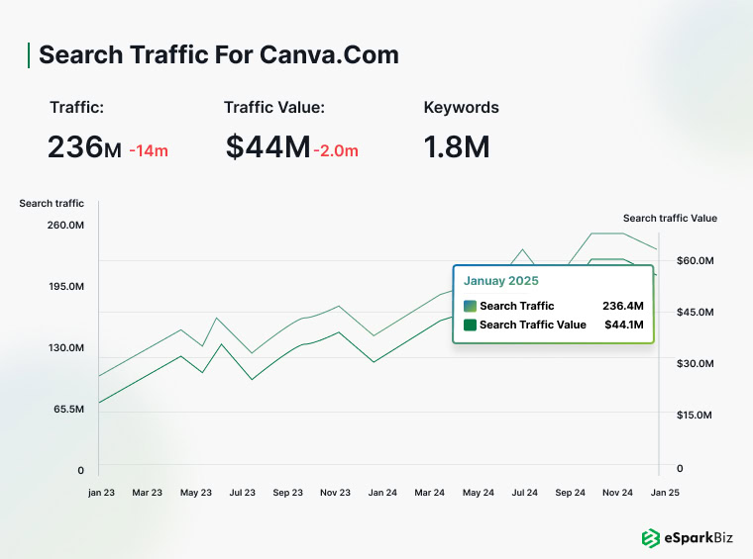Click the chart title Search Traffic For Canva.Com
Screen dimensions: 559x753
[218, 54]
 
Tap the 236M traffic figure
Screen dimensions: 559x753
[84, 148]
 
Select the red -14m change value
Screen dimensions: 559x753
[149, 151]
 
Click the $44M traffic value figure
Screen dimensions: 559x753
[268, 148]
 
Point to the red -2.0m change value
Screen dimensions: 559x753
[336, 151]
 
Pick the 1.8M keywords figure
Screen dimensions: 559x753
[457, 148]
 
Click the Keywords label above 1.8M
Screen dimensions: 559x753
[461, 108]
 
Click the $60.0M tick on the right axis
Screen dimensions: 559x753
[695, 260]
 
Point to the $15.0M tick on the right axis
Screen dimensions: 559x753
[695, 416]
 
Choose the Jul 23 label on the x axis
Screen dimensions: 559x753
[242, 492]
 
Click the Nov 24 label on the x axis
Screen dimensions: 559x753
[618, 492]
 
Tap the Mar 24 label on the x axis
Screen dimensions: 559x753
[430, 492]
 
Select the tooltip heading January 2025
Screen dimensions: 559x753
[501, 281]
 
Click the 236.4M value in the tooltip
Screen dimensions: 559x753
[622, 306]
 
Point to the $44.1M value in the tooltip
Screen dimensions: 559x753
[623, 325]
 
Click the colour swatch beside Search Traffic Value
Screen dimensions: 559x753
[470, 325]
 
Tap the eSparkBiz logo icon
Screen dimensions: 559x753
[651, 538]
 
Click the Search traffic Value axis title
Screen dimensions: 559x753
[670, 219]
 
